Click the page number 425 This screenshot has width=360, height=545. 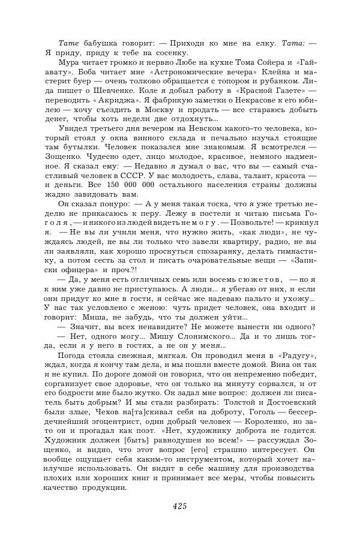pos(180,507)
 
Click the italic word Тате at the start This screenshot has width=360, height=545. pos(68,43)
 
